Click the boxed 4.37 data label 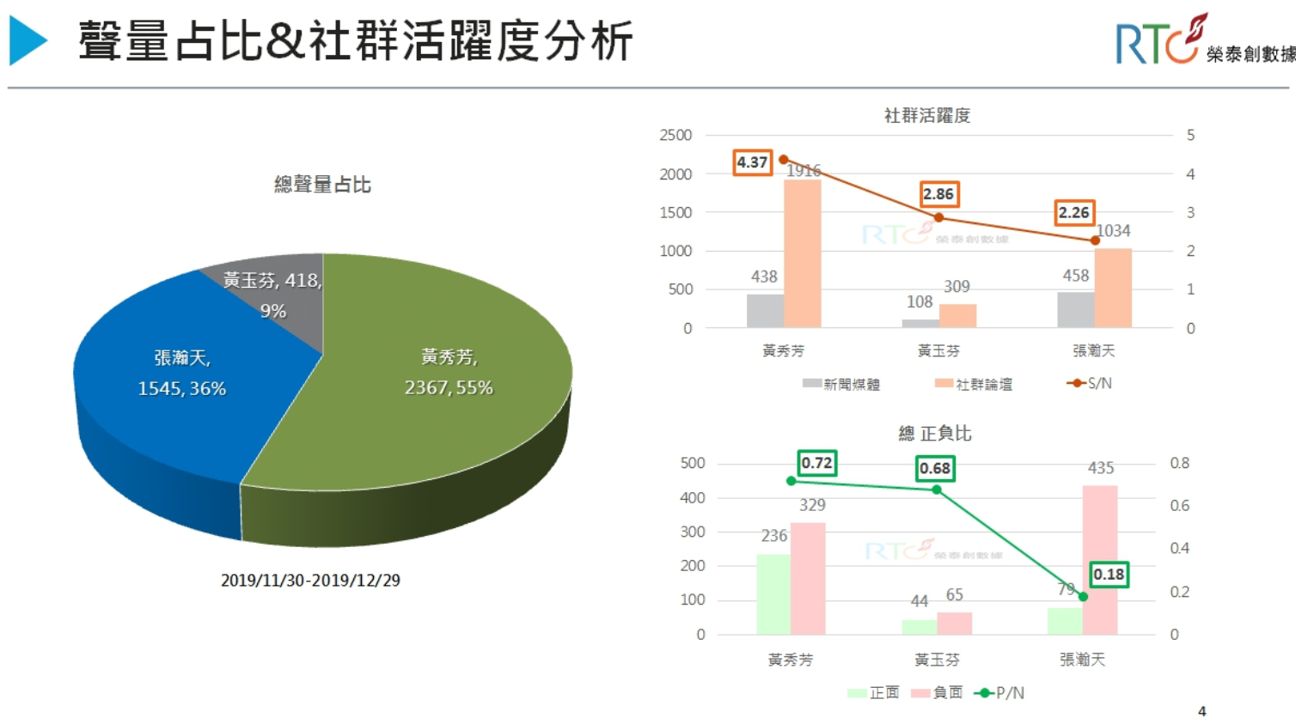pyautogui.click(x=752, y=162)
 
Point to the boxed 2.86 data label pyautogui.click(x=938, y=194)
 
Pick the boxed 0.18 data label pyautogui.click(x=1109, y=574)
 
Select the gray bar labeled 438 pyautogui.click(x=764, y=310)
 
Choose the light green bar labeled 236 pyautogui.click(x=773, y=593)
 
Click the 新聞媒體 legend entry pyautogui.click(x=841, y=384)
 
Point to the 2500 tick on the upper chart pyautogui.click(x=676, y=135)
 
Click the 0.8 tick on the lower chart pyautogui.click(x=1179, y=463)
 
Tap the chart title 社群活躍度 pyautogui.click(x=927, y=115)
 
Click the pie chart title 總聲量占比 pyautogui.click(x=322, y=185)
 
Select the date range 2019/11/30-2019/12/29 pyautogui.click(x=310, y=581)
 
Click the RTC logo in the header pyautogui.click(x=1157, y=41)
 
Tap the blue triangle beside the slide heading pyautogui.click(x=28, y=40)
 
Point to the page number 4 pyautogui.click(x=1201, y=711)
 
